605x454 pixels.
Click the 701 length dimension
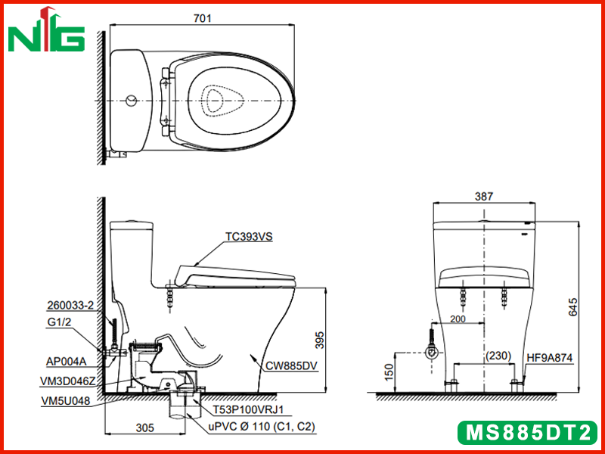click(203, 18)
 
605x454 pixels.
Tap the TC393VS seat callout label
click(249, 237)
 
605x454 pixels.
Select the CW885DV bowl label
click(291, 365)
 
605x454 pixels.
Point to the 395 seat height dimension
click(320, 340)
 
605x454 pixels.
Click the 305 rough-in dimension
click(145, 428)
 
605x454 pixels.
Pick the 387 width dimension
click(483, 197)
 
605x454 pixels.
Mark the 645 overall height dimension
click(573, 307)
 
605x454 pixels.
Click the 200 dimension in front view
click(458, 319)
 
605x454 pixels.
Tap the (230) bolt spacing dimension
click(498, 355)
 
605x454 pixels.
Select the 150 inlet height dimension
click(390, 372)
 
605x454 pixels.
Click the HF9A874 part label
click(550, 358)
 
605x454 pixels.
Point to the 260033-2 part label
click(70, 306)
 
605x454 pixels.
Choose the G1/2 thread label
click(59, 322)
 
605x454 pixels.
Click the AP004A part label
click(66, 362)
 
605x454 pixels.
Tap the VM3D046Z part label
click(67, 381)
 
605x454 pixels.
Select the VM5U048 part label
click(65, 401)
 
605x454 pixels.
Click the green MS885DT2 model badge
click(528, 432)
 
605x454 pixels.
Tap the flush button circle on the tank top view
click(131, 101)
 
